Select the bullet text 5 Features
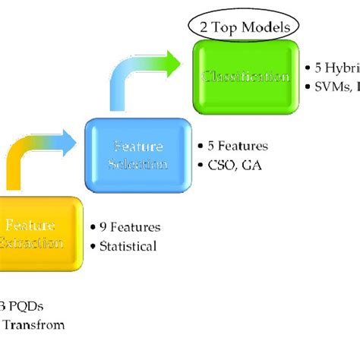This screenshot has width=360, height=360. coord(236,145)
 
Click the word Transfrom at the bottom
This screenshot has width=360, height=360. coord(34,325)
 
